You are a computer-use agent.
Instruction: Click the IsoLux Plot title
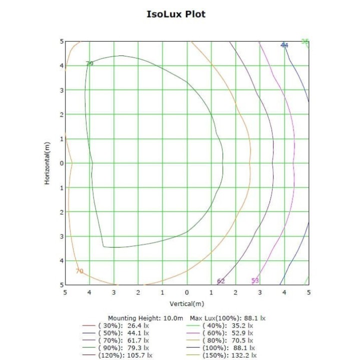click(175, 13)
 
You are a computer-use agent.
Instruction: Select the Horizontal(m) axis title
click(47, 163)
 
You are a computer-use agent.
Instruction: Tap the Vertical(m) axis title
click(187, 303)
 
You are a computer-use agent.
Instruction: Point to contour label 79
click(89, 63)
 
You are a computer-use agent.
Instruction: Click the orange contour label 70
click(79, 271)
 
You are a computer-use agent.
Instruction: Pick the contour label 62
click(221, 281)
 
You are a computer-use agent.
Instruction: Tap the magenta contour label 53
click(255, 280)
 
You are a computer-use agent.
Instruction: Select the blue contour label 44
click(284, 45)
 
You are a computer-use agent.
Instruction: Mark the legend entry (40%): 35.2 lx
click(227, 325)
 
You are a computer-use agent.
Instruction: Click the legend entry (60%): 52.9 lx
click(227, 332)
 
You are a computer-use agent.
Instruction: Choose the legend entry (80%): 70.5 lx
click(227, 340)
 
